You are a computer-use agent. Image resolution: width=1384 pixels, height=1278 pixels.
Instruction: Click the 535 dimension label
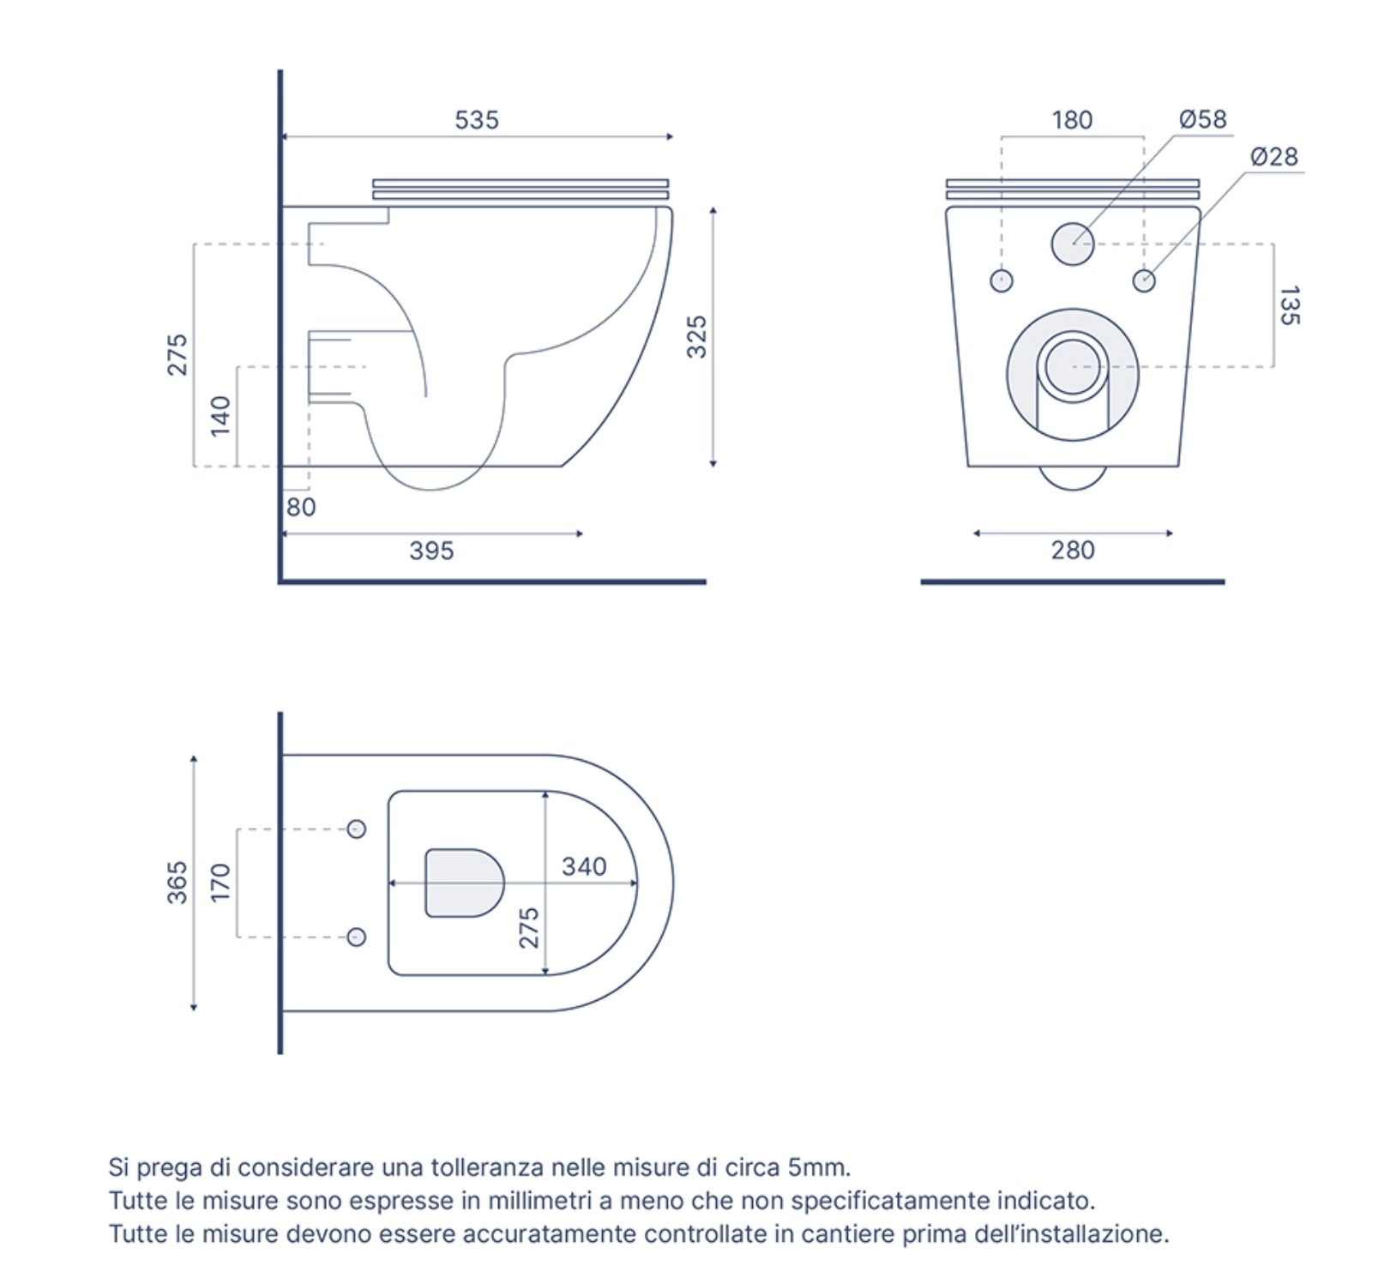[476, 120]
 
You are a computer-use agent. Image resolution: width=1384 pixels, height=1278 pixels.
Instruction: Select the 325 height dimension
[697, 336]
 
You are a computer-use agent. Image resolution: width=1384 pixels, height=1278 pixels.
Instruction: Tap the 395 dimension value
[431, 551]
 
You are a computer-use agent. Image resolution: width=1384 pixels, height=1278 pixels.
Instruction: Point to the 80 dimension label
[301, 507]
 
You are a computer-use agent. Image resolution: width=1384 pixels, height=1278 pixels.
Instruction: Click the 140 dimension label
[220, 416]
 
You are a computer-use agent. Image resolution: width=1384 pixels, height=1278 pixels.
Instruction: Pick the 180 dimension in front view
[1072, 120]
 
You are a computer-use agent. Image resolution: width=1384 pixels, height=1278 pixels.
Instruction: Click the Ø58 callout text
[1202, 119]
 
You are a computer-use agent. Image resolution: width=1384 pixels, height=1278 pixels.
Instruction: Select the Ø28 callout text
[1273, 157]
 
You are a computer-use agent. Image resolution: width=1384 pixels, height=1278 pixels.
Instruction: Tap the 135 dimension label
[1289, 305]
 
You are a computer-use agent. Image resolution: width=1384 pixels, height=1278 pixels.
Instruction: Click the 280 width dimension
[1073, 550]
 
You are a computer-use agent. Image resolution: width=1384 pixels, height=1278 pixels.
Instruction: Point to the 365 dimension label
[177, 883]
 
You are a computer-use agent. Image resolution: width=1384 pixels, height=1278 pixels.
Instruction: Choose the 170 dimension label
[220, 883]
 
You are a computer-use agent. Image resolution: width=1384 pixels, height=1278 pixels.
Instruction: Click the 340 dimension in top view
[584, 866]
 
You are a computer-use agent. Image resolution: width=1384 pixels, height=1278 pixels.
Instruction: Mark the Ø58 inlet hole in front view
[1073, 244]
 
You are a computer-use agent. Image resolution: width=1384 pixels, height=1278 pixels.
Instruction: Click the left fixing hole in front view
[1001, 280]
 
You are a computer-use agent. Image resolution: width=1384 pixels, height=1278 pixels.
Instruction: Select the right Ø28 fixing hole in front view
[1144, 280]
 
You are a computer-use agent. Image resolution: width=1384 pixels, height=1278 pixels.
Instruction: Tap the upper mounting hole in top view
[357, 829]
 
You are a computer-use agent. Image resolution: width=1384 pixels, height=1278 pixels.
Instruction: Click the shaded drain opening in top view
[464, 883]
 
